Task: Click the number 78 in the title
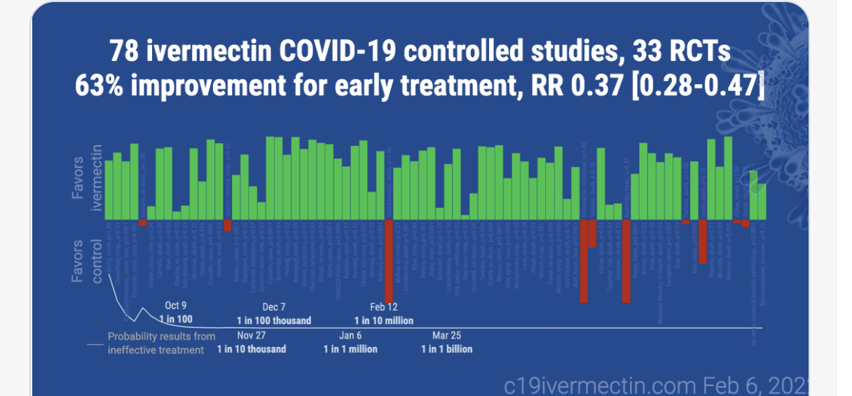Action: coord(125,52)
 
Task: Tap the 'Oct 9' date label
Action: coord(176,306)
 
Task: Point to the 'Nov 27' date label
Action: coord(251,335)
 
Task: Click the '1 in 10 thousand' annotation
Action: coord(251,348)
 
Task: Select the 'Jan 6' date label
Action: coord(350,335)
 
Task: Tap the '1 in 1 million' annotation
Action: coord(350,348)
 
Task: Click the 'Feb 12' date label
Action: coord(383,306)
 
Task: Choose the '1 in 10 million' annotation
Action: coord(383,320)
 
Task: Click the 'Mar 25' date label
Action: coord(447,335)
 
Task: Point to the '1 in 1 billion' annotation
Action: coord(447,348)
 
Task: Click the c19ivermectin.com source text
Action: coord(599,384)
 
